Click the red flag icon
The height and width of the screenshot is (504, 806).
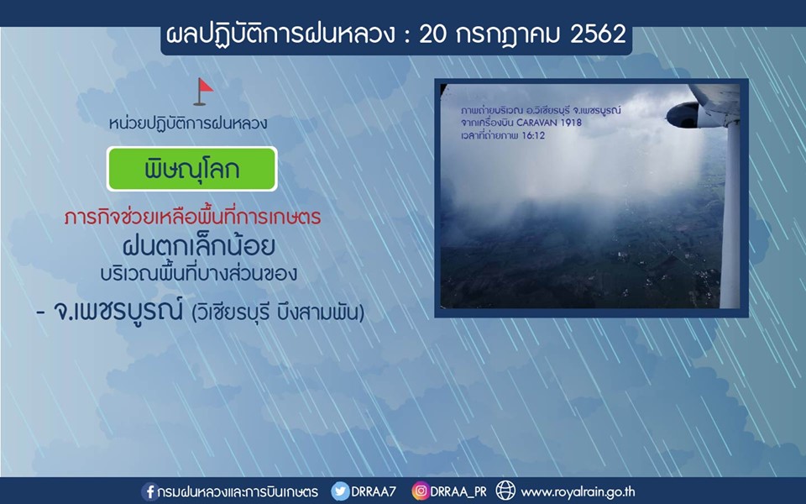(203, 92)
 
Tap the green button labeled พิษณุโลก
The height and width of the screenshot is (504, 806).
(191, 169)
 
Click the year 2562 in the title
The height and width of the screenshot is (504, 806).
(598, 34)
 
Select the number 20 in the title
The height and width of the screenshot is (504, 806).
(433, 34)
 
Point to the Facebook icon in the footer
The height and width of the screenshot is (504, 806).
(149, 491)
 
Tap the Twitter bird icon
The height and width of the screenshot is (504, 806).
(340, 491)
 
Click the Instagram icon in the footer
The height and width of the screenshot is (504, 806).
(420, 491)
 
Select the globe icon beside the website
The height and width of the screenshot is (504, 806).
(505, 491)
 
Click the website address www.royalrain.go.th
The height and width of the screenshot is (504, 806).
(578, 492)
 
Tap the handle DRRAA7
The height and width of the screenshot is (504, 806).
(374, 491)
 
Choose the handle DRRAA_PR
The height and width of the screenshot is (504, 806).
(458, 492)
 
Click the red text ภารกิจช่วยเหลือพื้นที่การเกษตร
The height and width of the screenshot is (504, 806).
(193, 217)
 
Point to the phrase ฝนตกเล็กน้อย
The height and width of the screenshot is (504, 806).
(199, 245)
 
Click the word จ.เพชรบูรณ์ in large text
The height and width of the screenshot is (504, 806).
(118, 310)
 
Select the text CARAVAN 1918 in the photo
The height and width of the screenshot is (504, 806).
(549, 123)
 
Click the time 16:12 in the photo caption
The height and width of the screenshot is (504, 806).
(533, 136)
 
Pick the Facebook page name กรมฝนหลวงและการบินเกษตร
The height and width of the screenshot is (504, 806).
(238, 491)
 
